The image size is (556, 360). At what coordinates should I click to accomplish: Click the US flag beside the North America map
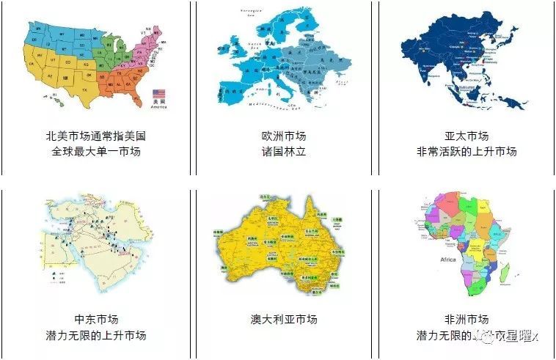[x=158, y=94]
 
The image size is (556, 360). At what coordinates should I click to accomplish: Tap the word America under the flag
[x=158, y=107]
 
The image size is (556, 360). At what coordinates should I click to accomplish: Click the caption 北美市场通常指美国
[x=96, y=136]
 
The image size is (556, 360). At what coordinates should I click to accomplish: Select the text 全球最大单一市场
[x=96, y=152]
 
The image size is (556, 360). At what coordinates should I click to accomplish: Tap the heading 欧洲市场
[x=284, y=136]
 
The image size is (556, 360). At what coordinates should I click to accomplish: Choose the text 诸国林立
[x=284, y=152]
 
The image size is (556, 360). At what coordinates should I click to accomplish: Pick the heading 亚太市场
[x=467, y=136]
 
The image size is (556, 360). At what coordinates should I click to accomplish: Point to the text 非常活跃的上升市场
[x=467, y=152]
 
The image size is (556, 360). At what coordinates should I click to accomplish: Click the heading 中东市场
[x=96, y=320]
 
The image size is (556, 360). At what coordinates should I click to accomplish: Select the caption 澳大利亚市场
[x=284, y=320]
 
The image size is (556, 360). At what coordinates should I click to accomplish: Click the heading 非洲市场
[x=467, y=320]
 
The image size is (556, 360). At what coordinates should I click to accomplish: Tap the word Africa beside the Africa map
[x=447, y=260]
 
